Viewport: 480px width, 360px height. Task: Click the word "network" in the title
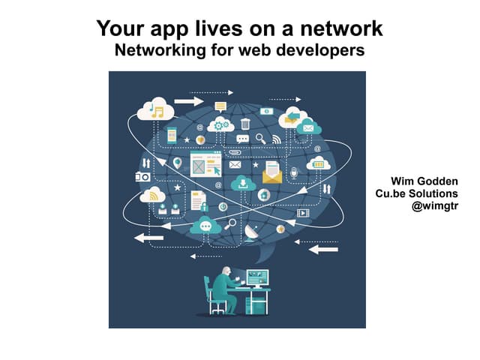(341, 28)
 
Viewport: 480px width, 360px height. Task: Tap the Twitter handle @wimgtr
(435, 206)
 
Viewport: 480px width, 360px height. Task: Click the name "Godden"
(437, 181)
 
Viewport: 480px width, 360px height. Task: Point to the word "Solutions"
(433, 193)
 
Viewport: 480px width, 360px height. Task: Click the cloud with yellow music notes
(155, 109)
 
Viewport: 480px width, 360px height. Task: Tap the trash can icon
(245, 124)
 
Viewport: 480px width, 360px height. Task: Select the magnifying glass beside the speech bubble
(261, 139)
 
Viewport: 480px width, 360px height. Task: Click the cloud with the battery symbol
(318, 163)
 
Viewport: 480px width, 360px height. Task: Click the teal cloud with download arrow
(243, 183)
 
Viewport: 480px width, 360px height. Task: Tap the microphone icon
(293, 173)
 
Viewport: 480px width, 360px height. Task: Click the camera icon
(142, 177)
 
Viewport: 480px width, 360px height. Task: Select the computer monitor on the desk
(257, 278)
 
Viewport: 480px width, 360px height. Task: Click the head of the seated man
(226, 271)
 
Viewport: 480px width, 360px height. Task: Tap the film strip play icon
(303, 213)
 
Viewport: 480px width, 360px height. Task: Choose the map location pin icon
(177, 163)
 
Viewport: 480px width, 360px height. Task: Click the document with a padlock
(199, 201)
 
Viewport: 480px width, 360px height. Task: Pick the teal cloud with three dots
(205, 225)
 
